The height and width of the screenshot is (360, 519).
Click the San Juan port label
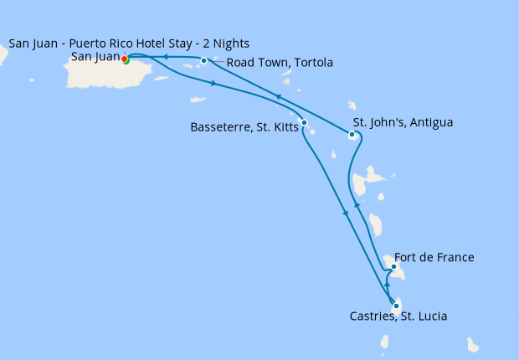point(95,57)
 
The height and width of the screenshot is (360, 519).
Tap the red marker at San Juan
point(124,59)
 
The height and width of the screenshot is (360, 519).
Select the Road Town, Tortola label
point(280,63)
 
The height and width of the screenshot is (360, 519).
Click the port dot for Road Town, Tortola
point(204,60)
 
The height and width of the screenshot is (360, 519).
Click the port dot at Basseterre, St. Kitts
point(304,123)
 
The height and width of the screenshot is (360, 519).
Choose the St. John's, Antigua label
point(401,122)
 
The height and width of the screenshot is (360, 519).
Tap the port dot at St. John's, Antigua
point(352,134)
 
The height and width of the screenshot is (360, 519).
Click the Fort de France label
point(434,257)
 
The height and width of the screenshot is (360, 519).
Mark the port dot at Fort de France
point(393,267)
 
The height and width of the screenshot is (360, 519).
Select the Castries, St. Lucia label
point(398,316)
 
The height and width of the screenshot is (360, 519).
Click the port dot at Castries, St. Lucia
point(396,306)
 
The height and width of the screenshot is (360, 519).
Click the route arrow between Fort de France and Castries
point(387,285)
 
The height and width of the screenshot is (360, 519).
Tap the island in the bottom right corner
point(473,345)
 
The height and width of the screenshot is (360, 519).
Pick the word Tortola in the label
point(312,63)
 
